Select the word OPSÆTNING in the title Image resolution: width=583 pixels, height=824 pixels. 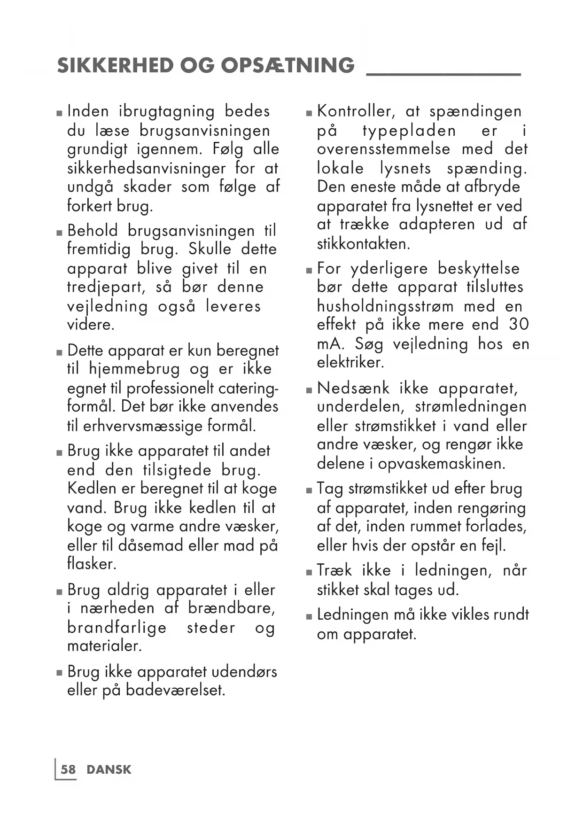pos(288,65)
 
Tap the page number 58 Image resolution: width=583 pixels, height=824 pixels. pos(68,770)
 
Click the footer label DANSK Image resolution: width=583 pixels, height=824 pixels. pos(109,770)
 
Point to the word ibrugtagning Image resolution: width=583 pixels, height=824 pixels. pos(167,112)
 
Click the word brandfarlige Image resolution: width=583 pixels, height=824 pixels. pos(117,628)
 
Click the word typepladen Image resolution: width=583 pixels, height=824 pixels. pos(409,131)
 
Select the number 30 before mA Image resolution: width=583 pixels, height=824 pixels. pos(518,325)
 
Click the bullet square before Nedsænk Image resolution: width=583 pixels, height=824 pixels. pos(309,390)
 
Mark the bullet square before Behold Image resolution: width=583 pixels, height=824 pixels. pos(59,233)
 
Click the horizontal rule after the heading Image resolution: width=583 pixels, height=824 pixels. pos(443,74)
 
